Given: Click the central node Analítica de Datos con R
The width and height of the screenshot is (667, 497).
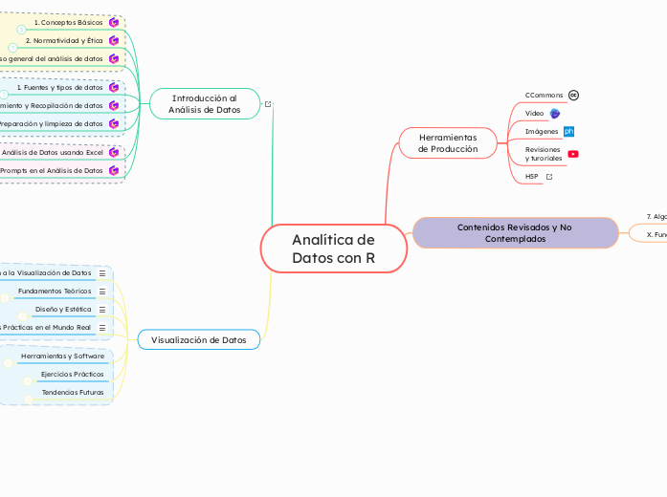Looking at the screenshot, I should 333,249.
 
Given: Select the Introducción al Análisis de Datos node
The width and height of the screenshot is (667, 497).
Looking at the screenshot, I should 204,104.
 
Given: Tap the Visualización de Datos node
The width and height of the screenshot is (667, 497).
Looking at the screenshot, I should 198,339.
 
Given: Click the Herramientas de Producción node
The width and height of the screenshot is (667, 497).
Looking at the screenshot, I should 447,143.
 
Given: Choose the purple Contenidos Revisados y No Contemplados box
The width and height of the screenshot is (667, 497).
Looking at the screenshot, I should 515,232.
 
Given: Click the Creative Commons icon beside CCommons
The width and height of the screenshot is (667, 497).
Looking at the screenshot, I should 573,96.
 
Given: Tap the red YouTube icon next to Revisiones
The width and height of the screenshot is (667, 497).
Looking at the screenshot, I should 573,154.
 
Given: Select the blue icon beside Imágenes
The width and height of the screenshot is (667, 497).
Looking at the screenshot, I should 568,131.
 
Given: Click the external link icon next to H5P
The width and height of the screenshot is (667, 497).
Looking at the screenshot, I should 549,177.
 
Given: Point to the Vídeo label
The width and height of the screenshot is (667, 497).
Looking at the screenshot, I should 534,113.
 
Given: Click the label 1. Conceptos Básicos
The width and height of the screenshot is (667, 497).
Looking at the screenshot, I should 68,22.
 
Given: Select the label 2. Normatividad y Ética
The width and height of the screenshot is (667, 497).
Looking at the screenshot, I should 64,40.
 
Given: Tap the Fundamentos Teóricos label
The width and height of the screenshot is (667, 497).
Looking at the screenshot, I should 55,291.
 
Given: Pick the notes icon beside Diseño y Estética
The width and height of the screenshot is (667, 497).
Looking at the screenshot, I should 102,310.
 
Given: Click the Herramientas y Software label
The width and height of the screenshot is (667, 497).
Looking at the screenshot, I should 62,356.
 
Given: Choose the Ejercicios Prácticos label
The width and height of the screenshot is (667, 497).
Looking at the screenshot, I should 73,374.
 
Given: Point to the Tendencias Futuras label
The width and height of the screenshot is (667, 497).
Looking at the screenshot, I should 73,392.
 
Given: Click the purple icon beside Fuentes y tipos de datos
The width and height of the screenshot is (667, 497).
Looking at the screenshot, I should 114,87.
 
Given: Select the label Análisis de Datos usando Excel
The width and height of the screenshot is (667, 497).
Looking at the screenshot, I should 53,152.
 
